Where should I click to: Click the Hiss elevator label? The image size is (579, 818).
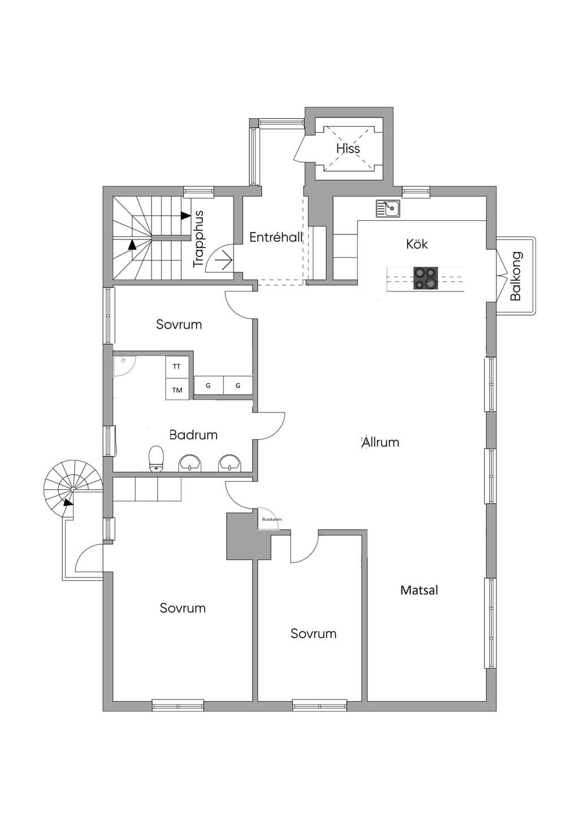point(348,149)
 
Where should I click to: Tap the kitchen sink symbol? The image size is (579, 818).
point(388,208)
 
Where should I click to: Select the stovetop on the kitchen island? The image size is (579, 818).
point(425,279)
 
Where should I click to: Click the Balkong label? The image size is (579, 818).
point(516,276)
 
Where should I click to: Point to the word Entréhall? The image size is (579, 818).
point(276,237)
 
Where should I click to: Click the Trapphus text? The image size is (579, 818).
point(198,239)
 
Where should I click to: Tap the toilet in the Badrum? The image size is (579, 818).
point(157,458)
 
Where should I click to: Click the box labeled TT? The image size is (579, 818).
point(177,366)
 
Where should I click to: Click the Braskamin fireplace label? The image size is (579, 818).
point(271,519)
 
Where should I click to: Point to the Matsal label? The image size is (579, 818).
point(419,590)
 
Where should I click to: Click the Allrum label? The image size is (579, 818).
point(380,442)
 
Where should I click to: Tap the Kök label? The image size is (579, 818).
point(417,244)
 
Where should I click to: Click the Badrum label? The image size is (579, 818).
point(193,434)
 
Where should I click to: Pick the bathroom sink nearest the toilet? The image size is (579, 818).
point(190,463)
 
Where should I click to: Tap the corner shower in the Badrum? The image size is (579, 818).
point(124,366)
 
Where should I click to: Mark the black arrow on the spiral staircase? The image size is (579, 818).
point(68,502)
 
